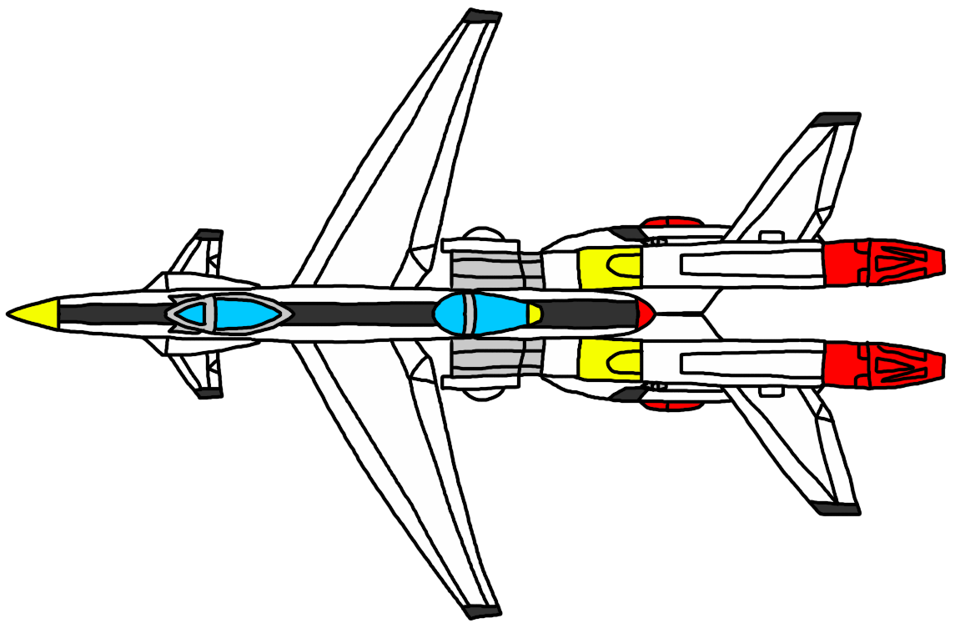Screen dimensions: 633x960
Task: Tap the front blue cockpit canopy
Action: point(229,314)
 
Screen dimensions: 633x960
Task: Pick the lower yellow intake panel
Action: point(609,360)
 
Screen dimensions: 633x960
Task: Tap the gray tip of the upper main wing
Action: point(482,17)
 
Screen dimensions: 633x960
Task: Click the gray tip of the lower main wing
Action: point(482,610)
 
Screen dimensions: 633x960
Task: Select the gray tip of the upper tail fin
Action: point(837,120)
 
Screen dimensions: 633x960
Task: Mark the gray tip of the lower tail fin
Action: point(837,507)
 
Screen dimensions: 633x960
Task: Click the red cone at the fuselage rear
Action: point(645,314)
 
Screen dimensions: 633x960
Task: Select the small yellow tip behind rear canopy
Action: point(534,314)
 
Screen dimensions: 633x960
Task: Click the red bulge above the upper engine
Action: point(672,224)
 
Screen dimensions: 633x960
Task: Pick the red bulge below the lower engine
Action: point(672,404)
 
